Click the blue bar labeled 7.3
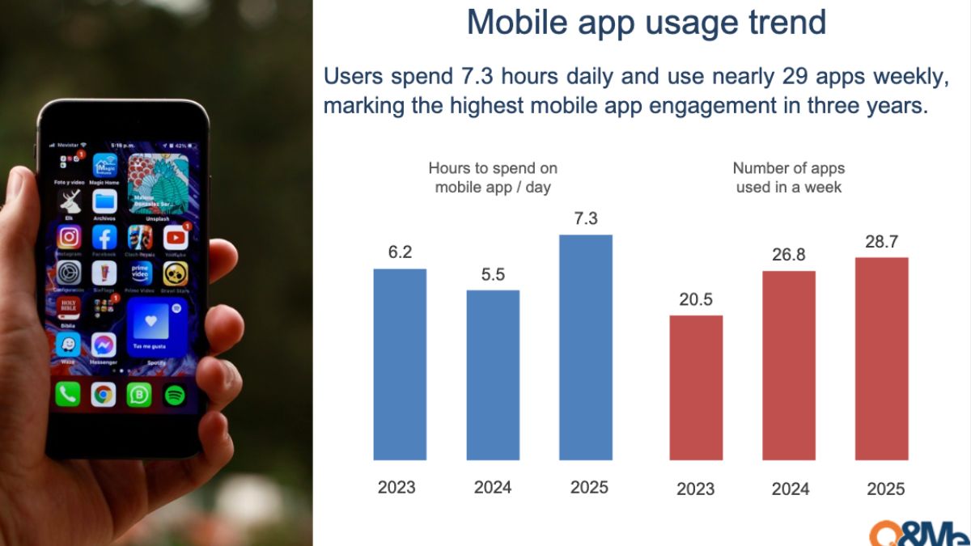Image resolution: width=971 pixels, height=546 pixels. point(585,347)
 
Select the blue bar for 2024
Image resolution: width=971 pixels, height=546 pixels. point(493,375)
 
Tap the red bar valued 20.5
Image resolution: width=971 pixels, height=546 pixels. point(696,387)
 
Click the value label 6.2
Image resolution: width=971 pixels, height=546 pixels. point(400,252)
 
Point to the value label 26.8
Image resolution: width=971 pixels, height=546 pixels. point(788,255)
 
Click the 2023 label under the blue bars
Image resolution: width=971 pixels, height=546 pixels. point(396,487)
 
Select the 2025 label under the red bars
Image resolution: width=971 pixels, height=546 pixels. point(885,489)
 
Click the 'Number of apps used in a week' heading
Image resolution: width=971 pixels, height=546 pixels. point(788,178)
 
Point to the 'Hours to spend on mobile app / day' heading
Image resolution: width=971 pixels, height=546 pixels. point(493,178)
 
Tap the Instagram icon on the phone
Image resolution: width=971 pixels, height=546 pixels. point(70,237)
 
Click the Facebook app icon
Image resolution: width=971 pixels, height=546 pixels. point(104,237)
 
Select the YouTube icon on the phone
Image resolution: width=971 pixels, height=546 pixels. point(176,237)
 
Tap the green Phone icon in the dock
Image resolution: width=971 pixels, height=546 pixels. point(68,394)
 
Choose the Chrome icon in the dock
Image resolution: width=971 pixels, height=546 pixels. point(103,394)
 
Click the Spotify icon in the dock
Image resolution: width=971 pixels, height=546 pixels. point(174,395)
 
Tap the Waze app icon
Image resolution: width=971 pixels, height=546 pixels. point(69,344)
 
